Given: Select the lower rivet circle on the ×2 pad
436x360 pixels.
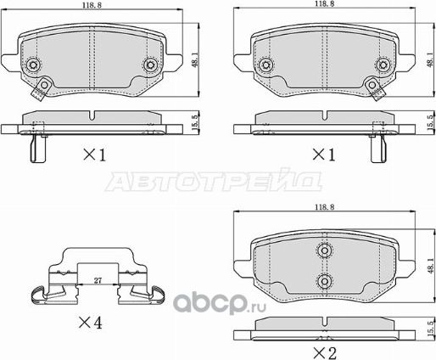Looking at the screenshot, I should point(322,281).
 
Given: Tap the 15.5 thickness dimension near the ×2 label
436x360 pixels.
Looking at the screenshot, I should point(429,326).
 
